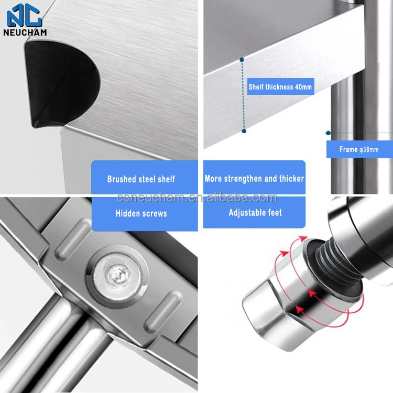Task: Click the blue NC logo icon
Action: coord(24,15)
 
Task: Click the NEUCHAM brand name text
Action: coord(25,32)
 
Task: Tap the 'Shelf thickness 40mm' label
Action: coord(280,86)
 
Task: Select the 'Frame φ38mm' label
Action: coord(359,149)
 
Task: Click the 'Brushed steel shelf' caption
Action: coord(141,179)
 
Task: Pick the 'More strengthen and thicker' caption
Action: coord(254,179)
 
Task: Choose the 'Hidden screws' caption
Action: coord(141,213)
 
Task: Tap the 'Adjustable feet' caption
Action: coord(255,213)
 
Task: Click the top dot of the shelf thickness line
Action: coord(242,60)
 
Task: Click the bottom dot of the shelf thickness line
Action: coord(244,131)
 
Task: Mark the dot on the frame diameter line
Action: coord(328,133)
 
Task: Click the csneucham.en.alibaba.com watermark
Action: coord(196,198)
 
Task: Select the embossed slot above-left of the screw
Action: coord(73,238)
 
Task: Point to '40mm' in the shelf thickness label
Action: coord(303,86)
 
